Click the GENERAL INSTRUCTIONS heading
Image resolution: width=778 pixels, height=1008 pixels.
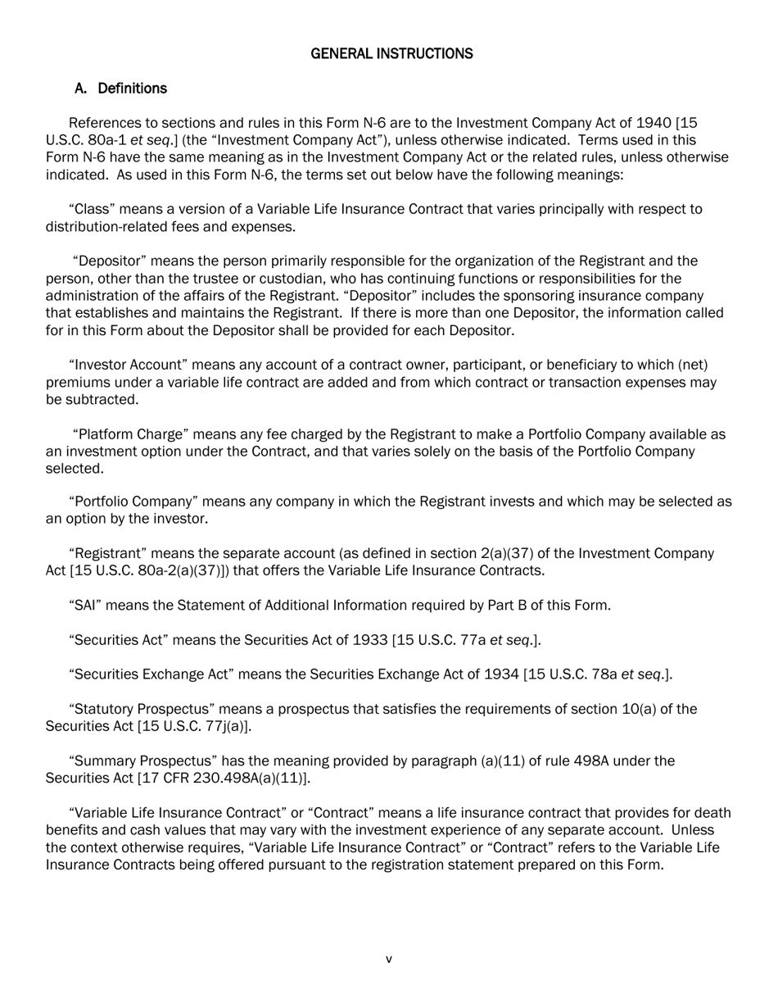(x=391, y=54)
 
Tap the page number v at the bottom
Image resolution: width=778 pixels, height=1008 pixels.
(x=389, y=959)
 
